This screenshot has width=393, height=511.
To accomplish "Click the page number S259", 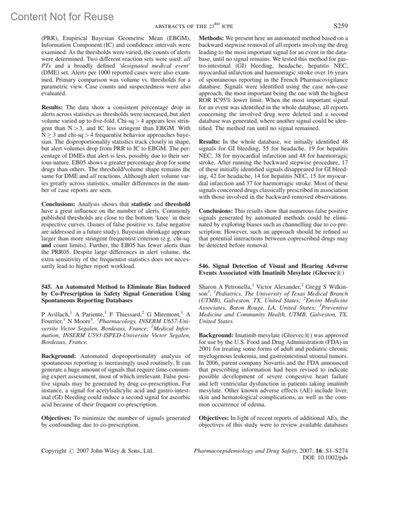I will click(341, 26).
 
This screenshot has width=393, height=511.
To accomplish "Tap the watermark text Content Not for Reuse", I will click(62, 16).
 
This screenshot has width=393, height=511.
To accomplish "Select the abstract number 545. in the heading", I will click(47, 286).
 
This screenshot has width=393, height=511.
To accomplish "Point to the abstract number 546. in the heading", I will click(204, 266).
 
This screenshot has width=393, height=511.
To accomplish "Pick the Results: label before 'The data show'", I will click(52, 107).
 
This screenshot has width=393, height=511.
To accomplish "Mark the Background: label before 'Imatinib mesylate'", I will click(216, 335).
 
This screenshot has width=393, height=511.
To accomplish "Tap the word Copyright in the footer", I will click(53, 451).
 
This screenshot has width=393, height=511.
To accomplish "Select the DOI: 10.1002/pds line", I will click(326, 458).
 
